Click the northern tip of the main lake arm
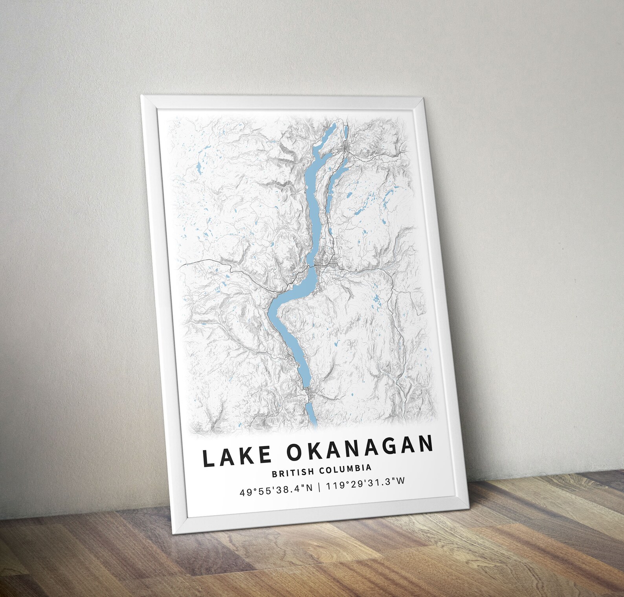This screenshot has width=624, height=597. coord(334,125)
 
